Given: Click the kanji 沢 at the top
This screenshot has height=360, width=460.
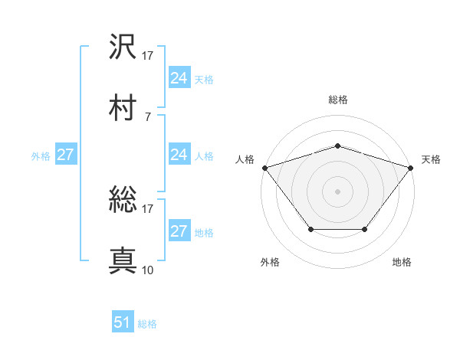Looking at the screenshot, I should point(123,47).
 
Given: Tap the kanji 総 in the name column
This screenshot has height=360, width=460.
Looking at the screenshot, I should point(123,201).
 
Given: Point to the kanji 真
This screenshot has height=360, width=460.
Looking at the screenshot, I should point(123,261).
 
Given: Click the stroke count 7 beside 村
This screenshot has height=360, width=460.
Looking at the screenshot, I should point(147,116).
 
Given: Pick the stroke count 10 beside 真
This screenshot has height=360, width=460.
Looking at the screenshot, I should point(147,270).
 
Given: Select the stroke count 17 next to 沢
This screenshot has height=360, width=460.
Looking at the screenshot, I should point(147,55).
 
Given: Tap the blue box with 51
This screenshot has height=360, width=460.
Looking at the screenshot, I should point(123,322).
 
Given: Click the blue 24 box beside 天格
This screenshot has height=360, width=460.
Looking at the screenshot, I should point(179,78).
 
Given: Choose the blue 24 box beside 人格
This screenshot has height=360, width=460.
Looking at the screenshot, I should point(179,155).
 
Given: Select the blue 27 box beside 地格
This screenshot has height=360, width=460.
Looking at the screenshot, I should point(179,231).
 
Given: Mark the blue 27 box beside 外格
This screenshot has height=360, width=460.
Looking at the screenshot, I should point(66,155).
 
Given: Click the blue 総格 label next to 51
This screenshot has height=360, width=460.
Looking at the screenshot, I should point(147,324).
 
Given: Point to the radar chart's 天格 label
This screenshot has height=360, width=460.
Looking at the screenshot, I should point(431,159).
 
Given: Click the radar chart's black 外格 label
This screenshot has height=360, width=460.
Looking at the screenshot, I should point(270,262).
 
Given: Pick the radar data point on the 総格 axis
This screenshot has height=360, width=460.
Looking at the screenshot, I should point(337,146).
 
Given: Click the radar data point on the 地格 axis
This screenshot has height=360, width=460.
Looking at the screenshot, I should point(365,229).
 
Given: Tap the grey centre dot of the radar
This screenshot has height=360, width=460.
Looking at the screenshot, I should point(337,191).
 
